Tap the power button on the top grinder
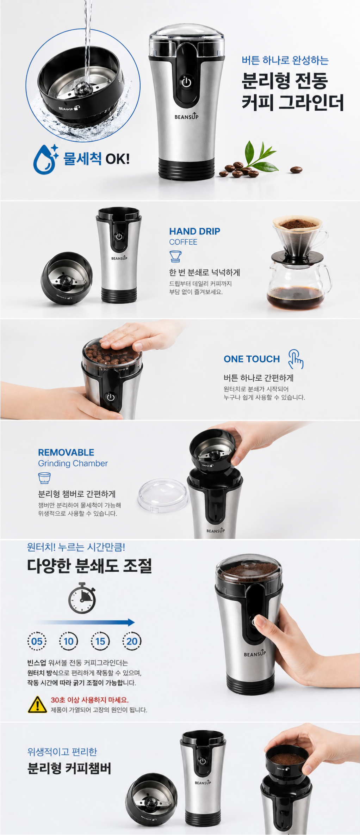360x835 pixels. tap(186, 82)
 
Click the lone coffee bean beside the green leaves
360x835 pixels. tap(296, 170)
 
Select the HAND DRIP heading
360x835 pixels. tap(194, 231)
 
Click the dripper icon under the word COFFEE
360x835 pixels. tap(175, 256)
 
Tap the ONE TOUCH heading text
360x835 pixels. tap(252, 359)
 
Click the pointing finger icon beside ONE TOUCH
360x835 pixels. tap(296, 359)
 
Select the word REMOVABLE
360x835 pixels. tap(66, 452)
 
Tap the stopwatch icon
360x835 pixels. tap(82, 598)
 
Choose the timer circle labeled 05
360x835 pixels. tap(37, 641)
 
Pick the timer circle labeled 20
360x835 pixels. tap(132, 641)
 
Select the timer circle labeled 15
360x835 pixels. tap(100, 641)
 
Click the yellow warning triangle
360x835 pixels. tap(37, 704)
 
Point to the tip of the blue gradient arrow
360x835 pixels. tap(135, 622)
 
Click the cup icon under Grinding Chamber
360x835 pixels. tap(44, 478)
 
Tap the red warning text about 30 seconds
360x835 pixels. tap(89, 700)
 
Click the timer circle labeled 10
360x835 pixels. tap(68, 641)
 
